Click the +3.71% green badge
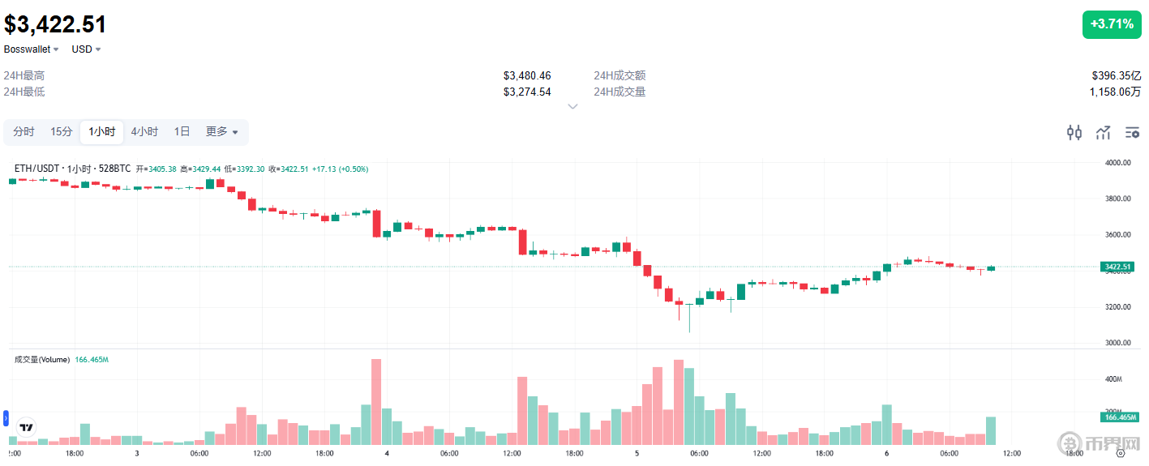[x=1111, y=24]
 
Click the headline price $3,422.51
[x=55, y=24]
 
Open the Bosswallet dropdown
[x=32, y=49]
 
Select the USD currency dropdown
[x=86, y=49]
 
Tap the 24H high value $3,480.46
[x=526, y=75]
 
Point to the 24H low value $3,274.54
[x=526, y=92]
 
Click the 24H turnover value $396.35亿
[x=1117, y=75]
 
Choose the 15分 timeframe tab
[x=62, y=132]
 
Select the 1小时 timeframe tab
[x=102, y=132]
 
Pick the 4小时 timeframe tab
[x=144, y=132]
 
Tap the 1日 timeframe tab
[x=182, y=132]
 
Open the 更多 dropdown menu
[x=221, y=132]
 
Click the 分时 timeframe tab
[x=24, y=132]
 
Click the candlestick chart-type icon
[x=1074, y=133]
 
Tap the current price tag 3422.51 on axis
[x=1117, y=267]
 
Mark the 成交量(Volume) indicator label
[x=42, y=359]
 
